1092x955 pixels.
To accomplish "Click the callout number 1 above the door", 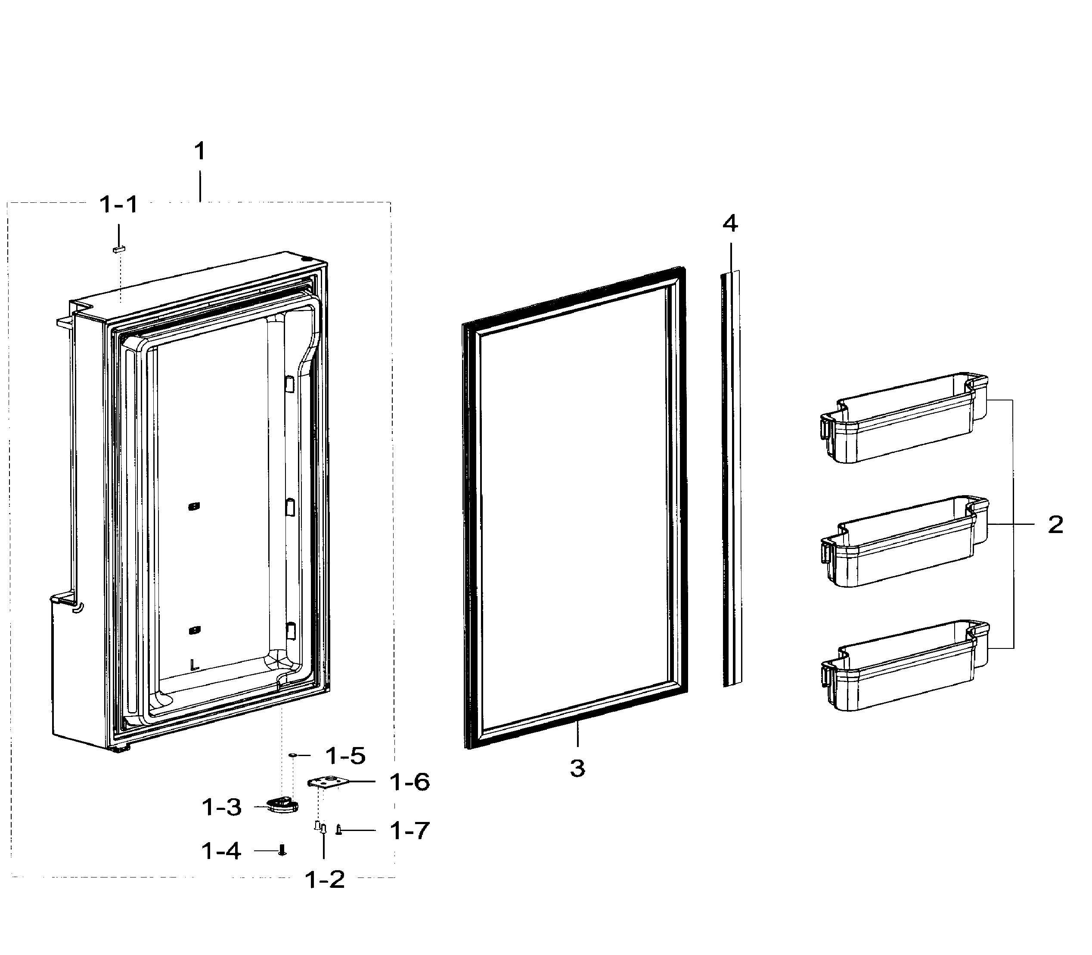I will [x=199, y=152].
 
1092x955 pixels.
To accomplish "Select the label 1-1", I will [x=119, y=204].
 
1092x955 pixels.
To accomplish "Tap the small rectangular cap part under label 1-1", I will [x=119, y=248].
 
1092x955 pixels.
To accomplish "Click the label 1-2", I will [x=325, y=879].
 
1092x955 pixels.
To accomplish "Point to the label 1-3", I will [x=222, y=807].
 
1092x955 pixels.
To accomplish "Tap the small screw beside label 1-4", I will [x=282, y=850].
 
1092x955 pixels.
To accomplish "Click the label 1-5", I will [x=345, y=756].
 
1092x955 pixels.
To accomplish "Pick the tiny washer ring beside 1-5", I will [x=292, y=755].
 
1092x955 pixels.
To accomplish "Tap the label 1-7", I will [x=409, y=830].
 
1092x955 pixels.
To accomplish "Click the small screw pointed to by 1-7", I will [x=338, y=830].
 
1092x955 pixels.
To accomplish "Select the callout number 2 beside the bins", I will [x=1055, y=525].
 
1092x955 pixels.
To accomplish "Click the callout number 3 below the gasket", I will [x=577, y=769].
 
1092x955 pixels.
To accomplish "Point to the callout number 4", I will [x=730, y=223].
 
